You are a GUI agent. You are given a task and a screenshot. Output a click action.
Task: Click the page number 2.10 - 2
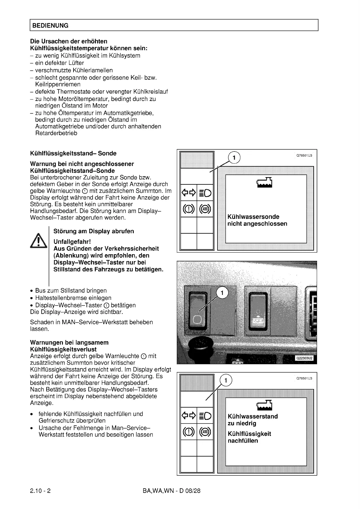click(x=40, y=491)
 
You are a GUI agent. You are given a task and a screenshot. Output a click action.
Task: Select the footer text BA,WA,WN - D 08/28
click(x=171, y=491)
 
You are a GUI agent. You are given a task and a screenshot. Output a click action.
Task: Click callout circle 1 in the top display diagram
click(x=234, y=157)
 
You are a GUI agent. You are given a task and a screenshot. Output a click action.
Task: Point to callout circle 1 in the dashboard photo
click(x=222, y=293)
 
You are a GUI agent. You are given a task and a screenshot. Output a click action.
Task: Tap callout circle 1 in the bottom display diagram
click(x=226, y=380)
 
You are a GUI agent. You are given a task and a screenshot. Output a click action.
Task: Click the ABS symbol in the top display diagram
click(x=205, y=209)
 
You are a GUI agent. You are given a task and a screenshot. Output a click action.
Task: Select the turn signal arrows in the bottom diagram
click(x=188, y=416)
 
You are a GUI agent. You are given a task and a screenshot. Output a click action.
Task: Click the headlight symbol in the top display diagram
click(x=205, y=193)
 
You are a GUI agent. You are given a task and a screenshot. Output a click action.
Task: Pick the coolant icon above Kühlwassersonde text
click(x=264, y=182)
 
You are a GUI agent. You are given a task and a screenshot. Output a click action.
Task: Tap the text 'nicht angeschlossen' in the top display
click(x=257, y=224)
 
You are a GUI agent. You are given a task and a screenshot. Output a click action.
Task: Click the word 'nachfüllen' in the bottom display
click(x=243, y=441)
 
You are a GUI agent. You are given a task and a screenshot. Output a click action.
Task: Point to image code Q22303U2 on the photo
click(x=305, y=358)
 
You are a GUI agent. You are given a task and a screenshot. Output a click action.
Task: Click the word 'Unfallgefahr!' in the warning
click(x=72, y=242)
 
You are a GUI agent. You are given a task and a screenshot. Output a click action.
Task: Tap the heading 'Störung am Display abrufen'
click(x=93, y=231)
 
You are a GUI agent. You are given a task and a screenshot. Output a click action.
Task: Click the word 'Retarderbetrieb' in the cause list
click(x=56, y=133)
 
